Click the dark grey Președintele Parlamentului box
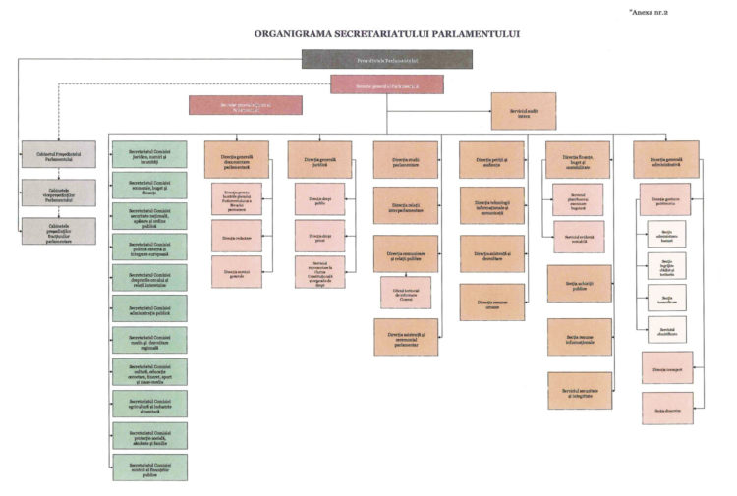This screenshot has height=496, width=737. (x=386, y=59)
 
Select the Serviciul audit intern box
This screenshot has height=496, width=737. (x=523, y=111)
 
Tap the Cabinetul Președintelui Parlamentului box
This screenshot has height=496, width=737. (x=59, y=153)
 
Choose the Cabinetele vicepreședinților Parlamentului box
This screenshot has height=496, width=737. (x=59, y=193)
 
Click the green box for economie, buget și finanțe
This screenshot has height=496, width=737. (x=149, y=185)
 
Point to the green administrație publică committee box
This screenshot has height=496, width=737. (x=149, y=307)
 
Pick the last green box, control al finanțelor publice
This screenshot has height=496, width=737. (x=149, y=467)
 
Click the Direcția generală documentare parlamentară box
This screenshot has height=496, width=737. (x=237, y=159)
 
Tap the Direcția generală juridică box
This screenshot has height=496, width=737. (x=319, y=159)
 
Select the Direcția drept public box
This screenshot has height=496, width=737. (x=319, y=198)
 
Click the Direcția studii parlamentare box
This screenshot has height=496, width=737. (x=406, y=159)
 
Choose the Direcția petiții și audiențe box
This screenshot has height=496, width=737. (x=491, y=159)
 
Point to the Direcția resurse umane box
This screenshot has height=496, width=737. (x=491, y=302)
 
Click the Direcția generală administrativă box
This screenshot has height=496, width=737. (x=666, y=159)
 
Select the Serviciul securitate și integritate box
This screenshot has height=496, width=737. (x=580, y=390)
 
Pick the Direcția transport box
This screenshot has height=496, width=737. (x=666, y=366)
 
